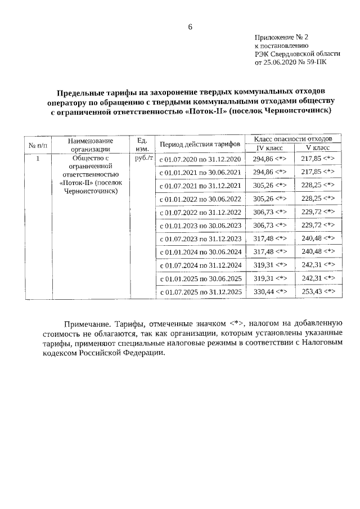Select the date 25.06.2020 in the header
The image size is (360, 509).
tap(281, 63)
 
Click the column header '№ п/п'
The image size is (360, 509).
tap(38, 145)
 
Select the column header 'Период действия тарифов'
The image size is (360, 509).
tap(200, 145)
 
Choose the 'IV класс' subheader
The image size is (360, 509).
tap(269, 148)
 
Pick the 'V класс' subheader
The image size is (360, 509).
tap(317, 148)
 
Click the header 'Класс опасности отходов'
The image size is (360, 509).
tap(293, 139)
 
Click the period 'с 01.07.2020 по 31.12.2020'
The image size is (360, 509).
tap(200, 159)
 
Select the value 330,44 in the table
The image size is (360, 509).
tap(262, 292)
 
